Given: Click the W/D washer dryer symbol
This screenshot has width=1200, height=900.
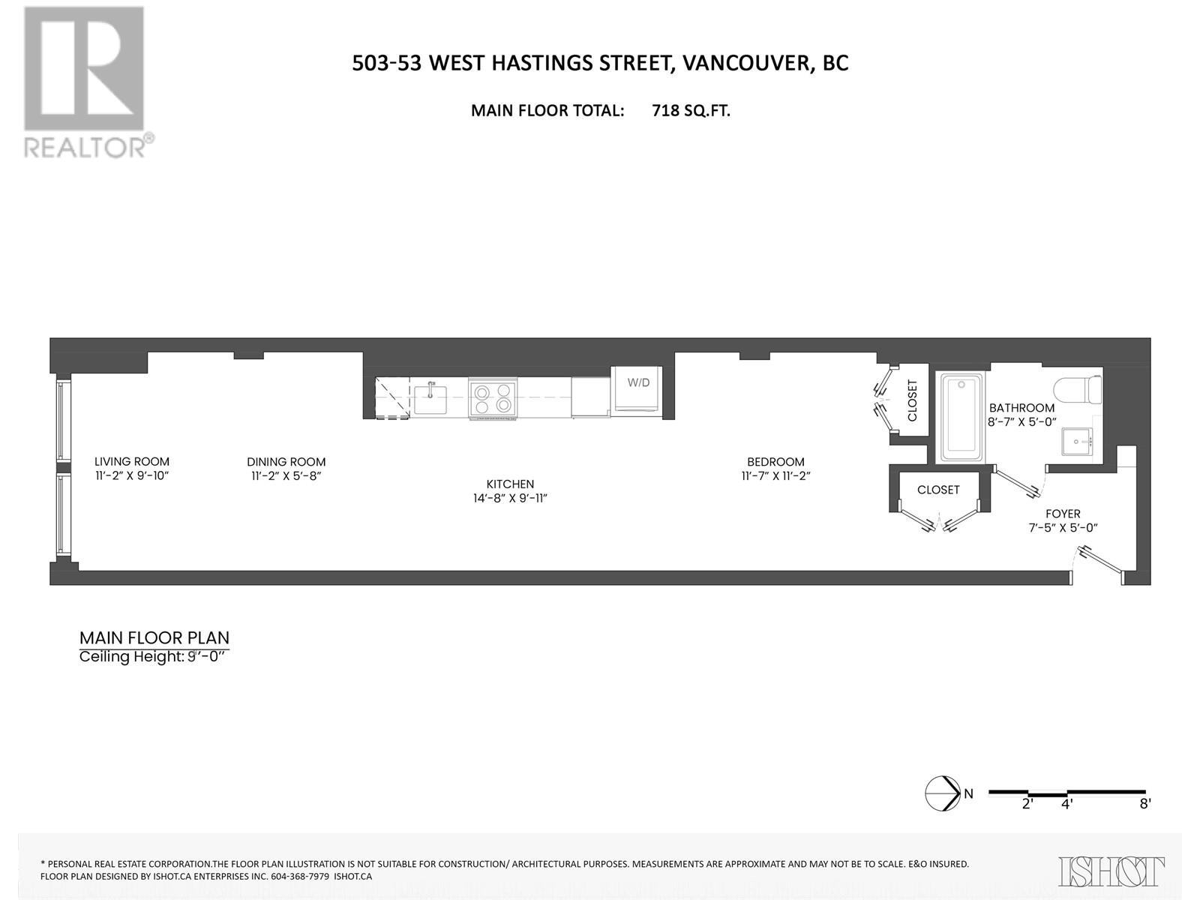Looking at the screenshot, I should [x=637, y=388].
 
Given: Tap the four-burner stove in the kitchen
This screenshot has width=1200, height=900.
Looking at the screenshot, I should [x=492, y=397].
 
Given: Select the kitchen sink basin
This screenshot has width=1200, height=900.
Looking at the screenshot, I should [x=430, y=400].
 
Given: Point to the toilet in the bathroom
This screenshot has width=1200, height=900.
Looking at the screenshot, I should [x=1078, y=388].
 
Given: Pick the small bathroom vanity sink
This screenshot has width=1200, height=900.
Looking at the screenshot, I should [x=1079, y=443].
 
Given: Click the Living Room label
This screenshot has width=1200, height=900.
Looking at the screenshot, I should [x=132, y=462].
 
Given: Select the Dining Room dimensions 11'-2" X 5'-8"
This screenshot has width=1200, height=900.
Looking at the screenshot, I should [x=286, y=476].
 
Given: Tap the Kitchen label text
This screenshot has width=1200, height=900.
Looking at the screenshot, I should [x=510, y=484].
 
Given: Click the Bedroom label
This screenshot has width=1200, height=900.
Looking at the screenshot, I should [x=775, y=462].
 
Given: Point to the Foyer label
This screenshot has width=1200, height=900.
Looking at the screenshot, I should [x=1063, y=514].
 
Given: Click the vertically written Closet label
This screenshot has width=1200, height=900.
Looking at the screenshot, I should [x=913, y=400].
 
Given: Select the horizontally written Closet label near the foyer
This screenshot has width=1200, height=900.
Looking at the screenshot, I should [x=938, y=490].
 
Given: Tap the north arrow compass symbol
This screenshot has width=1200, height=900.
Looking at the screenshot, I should [x=943, y=793].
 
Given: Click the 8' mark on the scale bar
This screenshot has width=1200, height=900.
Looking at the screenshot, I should [x=1144, y=803].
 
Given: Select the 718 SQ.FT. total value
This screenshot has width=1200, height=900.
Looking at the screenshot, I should [x=691, y=111].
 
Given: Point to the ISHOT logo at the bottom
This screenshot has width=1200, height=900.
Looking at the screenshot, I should [x=1111, y=871].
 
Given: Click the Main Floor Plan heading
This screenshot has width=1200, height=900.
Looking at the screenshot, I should [x=154, y=638].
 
